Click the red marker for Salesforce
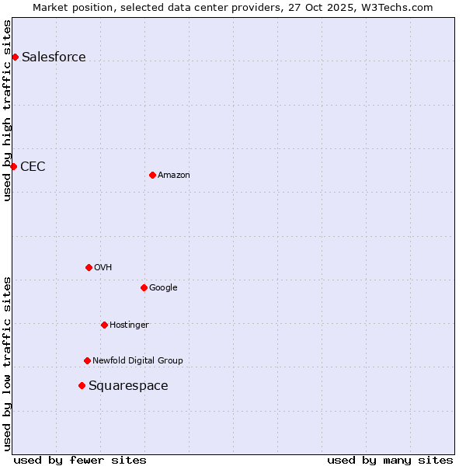pyautogui.click(x=15, y=57)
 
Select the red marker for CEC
pyautogui.click(x=13, y=166)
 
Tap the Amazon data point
pyautogui.click(x=152, y=175)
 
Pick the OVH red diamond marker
pyautogui.click(x=89, y=267)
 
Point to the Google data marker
pyautogui.click(x=144, y=287)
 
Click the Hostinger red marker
pyautogui.click(x=104, y=325)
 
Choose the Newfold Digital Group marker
pyautogui.click(x=87, y=360)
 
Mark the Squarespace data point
pyautogui.click(x=82, y=385)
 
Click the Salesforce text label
pyautogui.click(x=54, y=57)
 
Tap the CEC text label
pyautogui.click(x=33, y=166)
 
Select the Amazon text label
pyautogui.click(x=174, y=175)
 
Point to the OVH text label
pyautogui.click(x=103, y=267)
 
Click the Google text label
pyautogui.click(x=163, y=287)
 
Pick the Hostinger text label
pyautogui.click(x=129, y=325)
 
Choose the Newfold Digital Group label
pyautogui.click(x=137, y=360)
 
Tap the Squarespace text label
pyautogui.click(x=128, y=385)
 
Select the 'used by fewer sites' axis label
pyautogui.click(x=80, y=460)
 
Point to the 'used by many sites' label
pyautogui.click(x=390, y=460)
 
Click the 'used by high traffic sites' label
pyautogui.click(x=7, y=110)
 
